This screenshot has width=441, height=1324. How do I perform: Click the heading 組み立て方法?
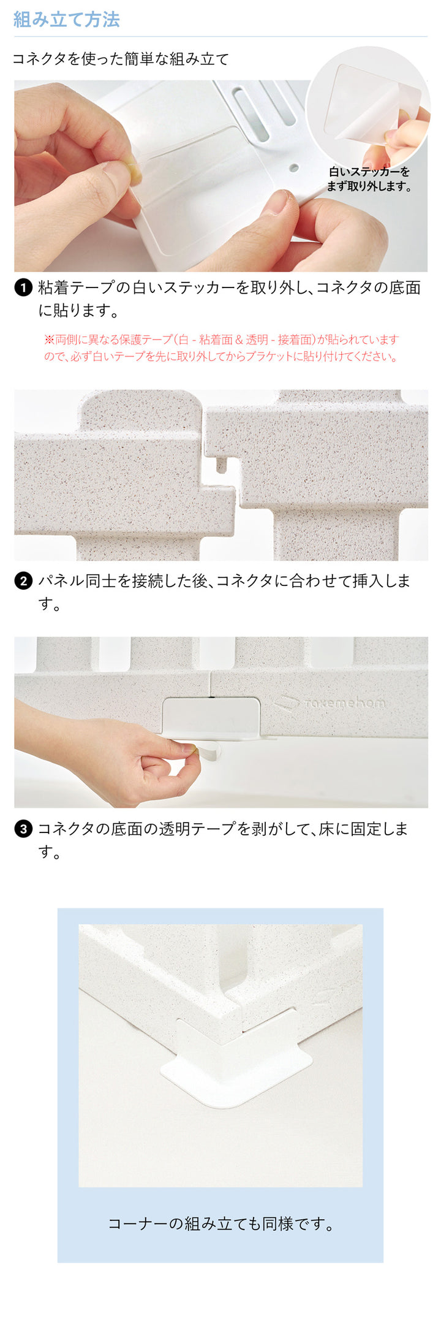pos(66,20)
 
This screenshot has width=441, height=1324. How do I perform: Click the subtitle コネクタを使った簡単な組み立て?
pos(121,59)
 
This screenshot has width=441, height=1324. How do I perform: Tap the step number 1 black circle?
pos(23,287)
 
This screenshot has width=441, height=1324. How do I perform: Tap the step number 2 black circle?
pos(23,580)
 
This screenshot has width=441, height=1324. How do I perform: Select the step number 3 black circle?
pos(23,829)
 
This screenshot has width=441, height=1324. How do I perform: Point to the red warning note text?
pos(221,348)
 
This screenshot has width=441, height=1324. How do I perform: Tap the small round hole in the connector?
pos(294,167)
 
